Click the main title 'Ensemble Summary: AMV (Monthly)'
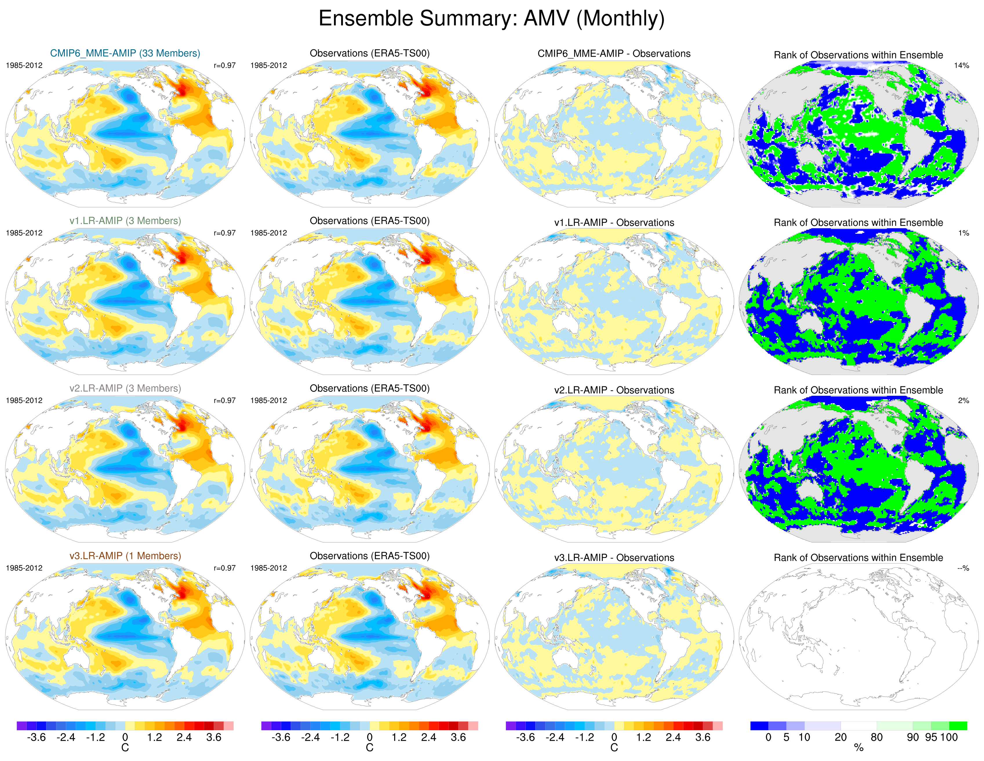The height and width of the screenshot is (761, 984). coord(492,19)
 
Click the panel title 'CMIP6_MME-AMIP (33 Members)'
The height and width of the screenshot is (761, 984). coord(125,53)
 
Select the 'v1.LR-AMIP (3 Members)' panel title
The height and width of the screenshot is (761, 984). coord(125,221)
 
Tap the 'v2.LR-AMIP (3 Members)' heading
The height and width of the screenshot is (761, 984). coord(125,388)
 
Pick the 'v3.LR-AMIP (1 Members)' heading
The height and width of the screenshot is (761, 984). coord(125,556)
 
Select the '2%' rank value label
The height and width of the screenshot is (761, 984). coord(963,400)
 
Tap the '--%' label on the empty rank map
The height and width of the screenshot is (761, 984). coord(963,568)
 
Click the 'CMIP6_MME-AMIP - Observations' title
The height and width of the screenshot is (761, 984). coord(614,54)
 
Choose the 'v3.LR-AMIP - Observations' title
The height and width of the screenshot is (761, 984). coord(614,558)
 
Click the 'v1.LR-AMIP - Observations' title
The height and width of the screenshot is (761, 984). coord(614,223)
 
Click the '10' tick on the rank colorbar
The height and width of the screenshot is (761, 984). coord(804,738)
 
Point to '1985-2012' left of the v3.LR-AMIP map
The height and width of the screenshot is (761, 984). coord(24,568)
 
